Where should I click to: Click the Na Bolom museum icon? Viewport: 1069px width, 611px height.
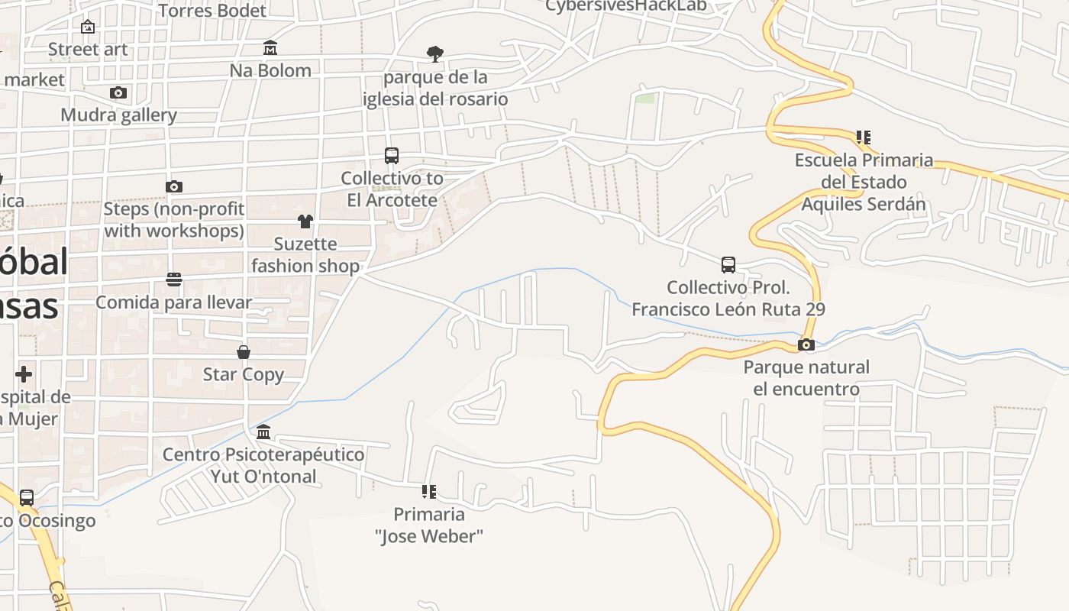(270, 48)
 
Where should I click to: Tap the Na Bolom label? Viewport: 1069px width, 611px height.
(270, 70)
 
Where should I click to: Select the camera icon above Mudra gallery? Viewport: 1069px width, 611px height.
(118, 93)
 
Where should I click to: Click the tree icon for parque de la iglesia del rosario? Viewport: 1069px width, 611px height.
(435, 54)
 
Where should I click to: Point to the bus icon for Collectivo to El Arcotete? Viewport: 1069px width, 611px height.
(392, 156)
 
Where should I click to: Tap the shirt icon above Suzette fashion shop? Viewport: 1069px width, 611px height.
(305, 221)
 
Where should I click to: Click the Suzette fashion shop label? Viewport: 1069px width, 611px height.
(305, 255)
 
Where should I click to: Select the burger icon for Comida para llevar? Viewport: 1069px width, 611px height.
(174, 280)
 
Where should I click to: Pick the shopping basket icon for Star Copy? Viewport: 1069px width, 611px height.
(244, 352)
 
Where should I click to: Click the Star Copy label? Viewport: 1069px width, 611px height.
(244, 374)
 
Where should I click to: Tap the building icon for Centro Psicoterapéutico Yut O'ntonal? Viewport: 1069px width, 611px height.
(263, 432)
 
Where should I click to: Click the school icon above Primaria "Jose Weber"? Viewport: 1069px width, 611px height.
(429, 491)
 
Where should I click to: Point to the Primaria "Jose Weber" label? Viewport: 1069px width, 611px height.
(429, 525)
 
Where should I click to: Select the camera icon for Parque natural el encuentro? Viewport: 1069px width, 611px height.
(806, 344)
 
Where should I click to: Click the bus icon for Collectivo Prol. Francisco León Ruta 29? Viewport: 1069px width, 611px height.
(728, 265)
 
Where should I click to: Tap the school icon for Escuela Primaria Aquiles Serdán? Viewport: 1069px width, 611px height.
(864, 137)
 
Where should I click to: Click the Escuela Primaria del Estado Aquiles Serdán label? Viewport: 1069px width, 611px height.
(864, 182)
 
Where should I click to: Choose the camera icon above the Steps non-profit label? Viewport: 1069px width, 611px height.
(174, 186)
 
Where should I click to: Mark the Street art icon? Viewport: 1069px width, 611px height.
(88, 27)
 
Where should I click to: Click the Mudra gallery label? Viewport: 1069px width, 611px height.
(119, 115)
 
